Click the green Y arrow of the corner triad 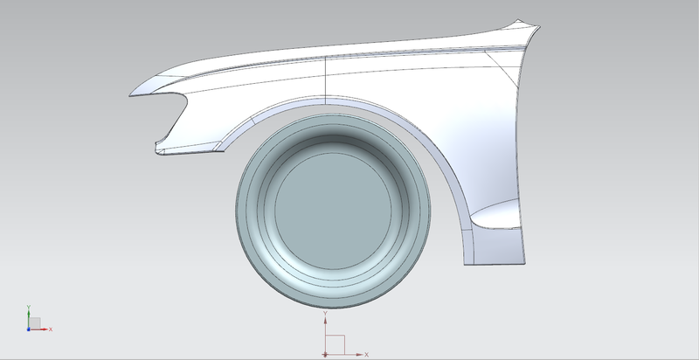[x=29, y=312]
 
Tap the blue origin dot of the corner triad [x=28, y=329]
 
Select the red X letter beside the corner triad [x=52, y=329]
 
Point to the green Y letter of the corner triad [x=29, y=305]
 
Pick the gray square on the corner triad [x=34, y=323]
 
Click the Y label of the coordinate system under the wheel [x=325, y=312]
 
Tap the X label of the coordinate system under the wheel [x=366, y=354]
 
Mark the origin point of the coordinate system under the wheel [x=325, y=354]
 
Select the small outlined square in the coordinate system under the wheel [x=336, y=343]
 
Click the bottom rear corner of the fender [x=525, y=262]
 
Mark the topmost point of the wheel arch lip [x=332, y=99]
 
